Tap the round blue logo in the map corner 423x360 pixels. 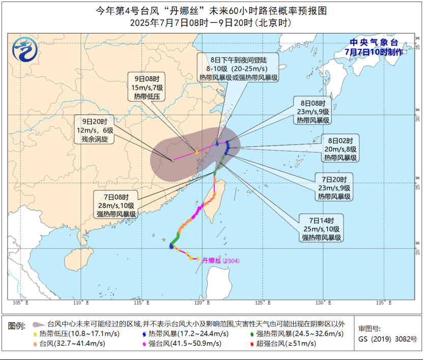[25, 51]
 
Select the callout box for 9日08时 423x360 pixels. [143, 87]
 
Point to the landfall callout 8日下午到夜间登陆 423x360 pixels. [238, 68]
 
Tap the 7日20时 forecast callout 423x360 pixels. [334, 188]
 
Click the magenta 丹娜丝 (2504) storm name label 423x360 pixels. [217, 260]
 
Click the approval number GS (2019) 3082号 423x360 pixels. [387, 339]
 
